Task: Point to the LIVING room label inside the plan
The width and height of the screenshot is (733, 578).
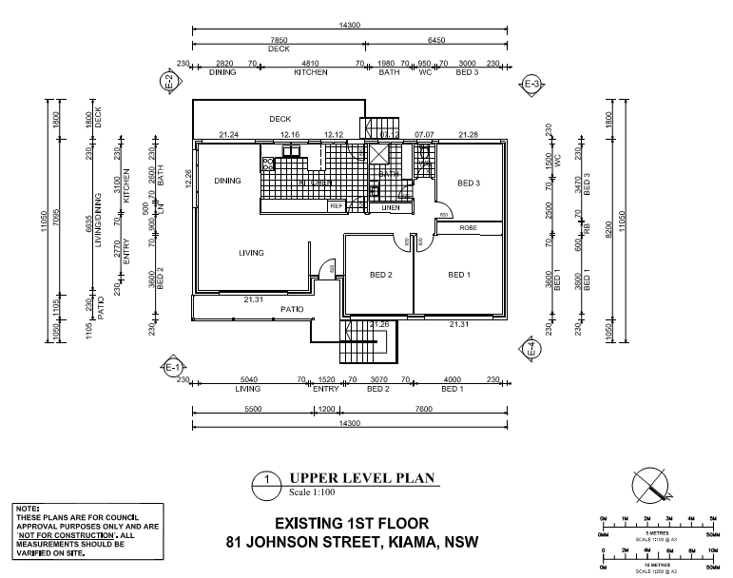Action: pos(251,253)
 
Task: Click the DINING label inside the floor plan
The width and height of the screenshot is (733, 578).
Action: pos(226,181)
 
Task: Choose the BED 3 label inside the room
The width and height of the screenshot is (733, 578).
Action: pos(468,183)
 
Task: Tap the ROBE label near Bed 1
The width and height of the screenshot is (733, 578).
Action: pos(468,228)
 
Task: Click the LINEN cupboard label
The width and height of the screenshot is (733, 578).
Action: pos(391,207)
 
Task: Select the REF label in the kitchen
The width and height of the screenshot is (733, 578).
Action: pos(336,206)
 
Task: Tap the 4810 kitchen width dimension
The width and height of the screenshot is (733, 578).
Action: pos(310,64)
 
